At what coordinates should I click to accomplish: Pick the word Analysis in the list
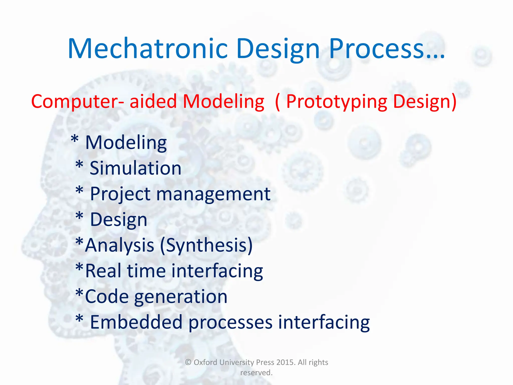coord(120,245)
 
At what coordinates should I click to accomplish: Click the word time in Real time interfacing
coord(146,271)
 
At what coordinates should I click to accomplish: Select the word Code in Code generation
coord(107,297)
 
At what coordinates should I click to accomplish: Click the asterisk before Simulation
coord(79,165)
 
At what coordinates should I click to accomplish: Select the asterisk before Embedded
coord(79,319)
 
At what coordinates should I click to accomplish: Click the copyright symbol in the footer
coord(188,362)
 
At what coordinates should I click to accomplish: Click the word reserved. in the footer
coord(256,373)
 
